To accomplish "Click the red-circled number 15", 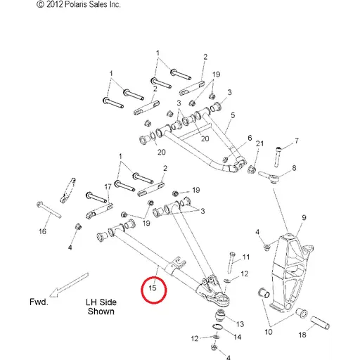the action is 153,288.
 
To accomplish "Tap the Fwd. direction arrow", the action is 69,285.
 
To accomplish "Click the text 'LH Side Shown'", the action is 101,307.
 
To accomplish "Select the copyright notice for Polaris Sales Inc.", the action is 79,4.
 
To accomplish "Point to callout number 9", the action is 304,218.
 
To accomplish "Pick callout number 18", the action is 302,335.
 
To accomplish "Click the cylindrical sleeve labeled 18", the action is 320,323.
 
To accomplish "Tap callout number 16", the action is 42,231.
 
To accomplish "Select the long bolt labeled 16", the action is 49,210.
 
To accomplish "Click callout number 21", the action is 259,143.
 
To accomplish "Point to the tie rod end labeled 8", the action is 269,177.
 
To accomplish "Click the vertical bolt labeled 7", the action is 278,157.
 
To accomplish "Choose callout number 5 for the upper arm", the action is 233,115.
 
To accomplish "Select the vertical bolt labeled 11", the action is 231,262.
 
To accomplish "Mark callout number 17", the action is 108,187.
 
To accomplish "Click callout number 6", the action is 250,138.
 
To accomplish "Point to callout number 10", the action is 269,332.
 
